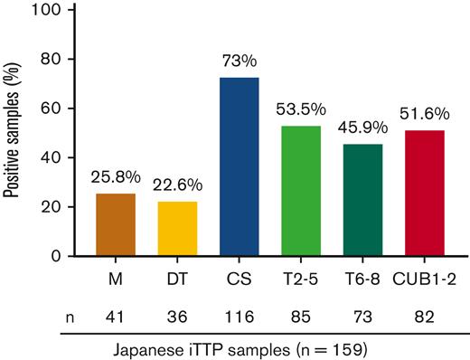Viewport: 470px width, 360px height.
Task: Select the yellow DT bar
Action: tap(177, 228)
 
